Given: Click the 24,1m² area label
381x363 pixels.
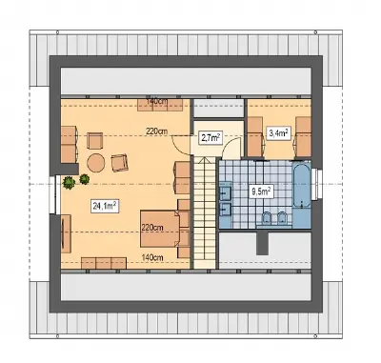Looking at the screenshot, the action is click(105, 206).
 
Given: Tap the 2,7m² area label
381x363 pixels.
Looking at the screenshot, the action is click(210, 138).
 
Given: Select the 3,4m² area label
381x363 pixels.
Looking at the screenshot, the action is click(279, 133).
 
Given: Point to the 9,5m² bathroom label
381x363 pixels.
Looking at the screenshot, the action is click(260, 192).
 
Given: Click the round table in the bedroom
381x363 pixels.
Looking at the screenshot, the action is click(96, 163).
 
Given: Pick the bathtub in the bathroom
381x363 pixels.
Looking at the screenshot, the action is click(301, 186).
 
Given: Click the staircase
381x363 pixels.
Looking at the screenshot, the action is click(205, 213).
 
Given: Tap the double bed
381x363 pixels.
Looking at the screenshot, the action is click(161, 229).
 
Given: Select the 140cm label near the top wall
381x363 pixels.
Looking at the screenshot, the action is click(157, 101).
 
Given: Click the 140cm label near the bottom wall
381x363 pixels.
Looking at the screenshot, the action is click(152, 257).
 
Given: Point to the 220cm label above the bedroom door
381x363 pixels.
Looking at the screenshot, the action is click(157, 131).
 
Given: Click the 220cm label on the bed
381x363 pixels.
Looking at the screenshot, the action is click(152, 228).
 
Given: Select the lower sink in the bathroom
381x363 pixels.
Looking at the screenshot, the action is click(226, 209).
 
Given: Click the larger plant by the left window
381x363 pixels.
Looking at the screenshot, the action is click(69, 183).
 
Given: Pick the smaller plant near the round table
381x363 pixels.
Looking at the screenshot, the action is click(84, 179).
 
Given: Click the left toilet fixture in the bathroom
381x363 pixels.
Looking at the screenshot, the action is click(266, 218).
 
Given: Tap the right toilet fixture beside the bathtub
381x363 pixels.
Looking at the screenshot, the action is click(282, 218).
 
